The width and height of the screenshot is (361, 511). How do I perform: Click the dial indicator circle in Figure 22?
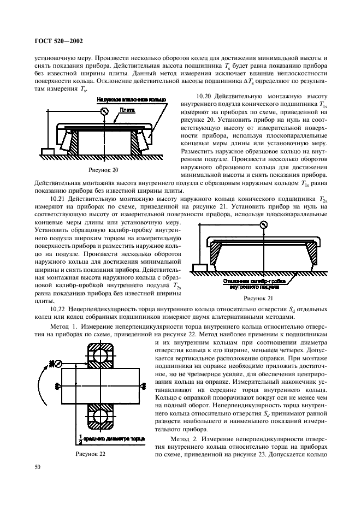pos(52,363)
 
